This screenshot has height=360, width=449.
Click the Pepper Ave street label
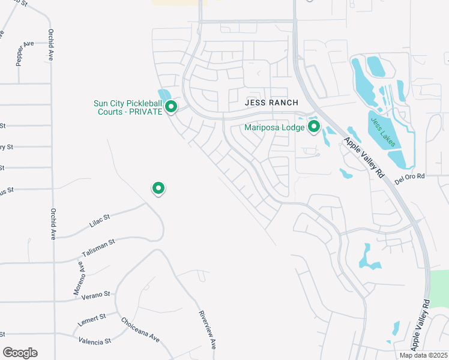click(25, 53)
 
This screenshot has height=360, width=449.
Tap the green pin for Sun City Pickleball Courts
click(171, 107)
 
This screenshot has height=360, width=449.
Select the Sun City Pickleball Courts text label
click(128, 107)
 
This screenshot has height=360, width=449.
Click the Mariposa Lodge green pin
click(313, 127)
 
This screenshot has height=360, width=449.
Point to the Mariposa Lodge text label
click(274, 127)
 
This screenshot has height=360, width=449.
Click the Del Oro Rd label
click(409, 176)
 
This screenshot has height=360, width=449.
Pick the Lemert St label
click(91, 319)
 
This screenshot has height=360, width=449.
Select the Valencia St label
click(95, 341)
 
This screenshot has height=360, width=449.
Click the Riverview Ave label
click(207, 330)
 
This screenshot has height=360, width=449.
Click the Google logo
click(20, 353)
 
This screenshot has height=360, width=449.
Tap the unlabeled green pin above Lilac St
click(158, 188)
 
